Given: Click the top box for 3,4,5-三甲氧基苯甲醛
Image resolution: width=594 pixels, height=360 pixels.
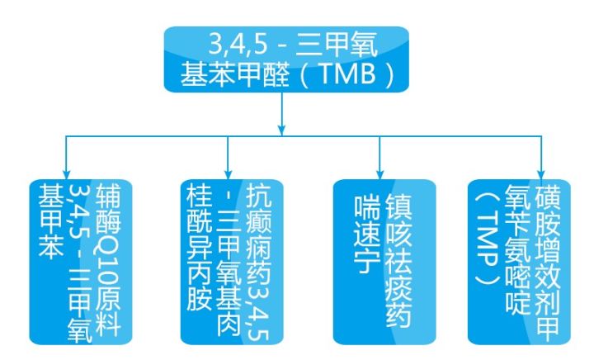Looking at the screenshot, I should [x=285, y=58].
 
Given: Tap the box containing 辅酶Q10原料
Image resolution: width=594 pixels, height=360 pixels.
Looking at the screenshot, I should [x=78, y=260].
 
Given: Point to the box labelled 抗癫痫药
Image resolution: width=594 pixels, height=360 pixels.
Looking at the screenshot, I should [x=232, y=260].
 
